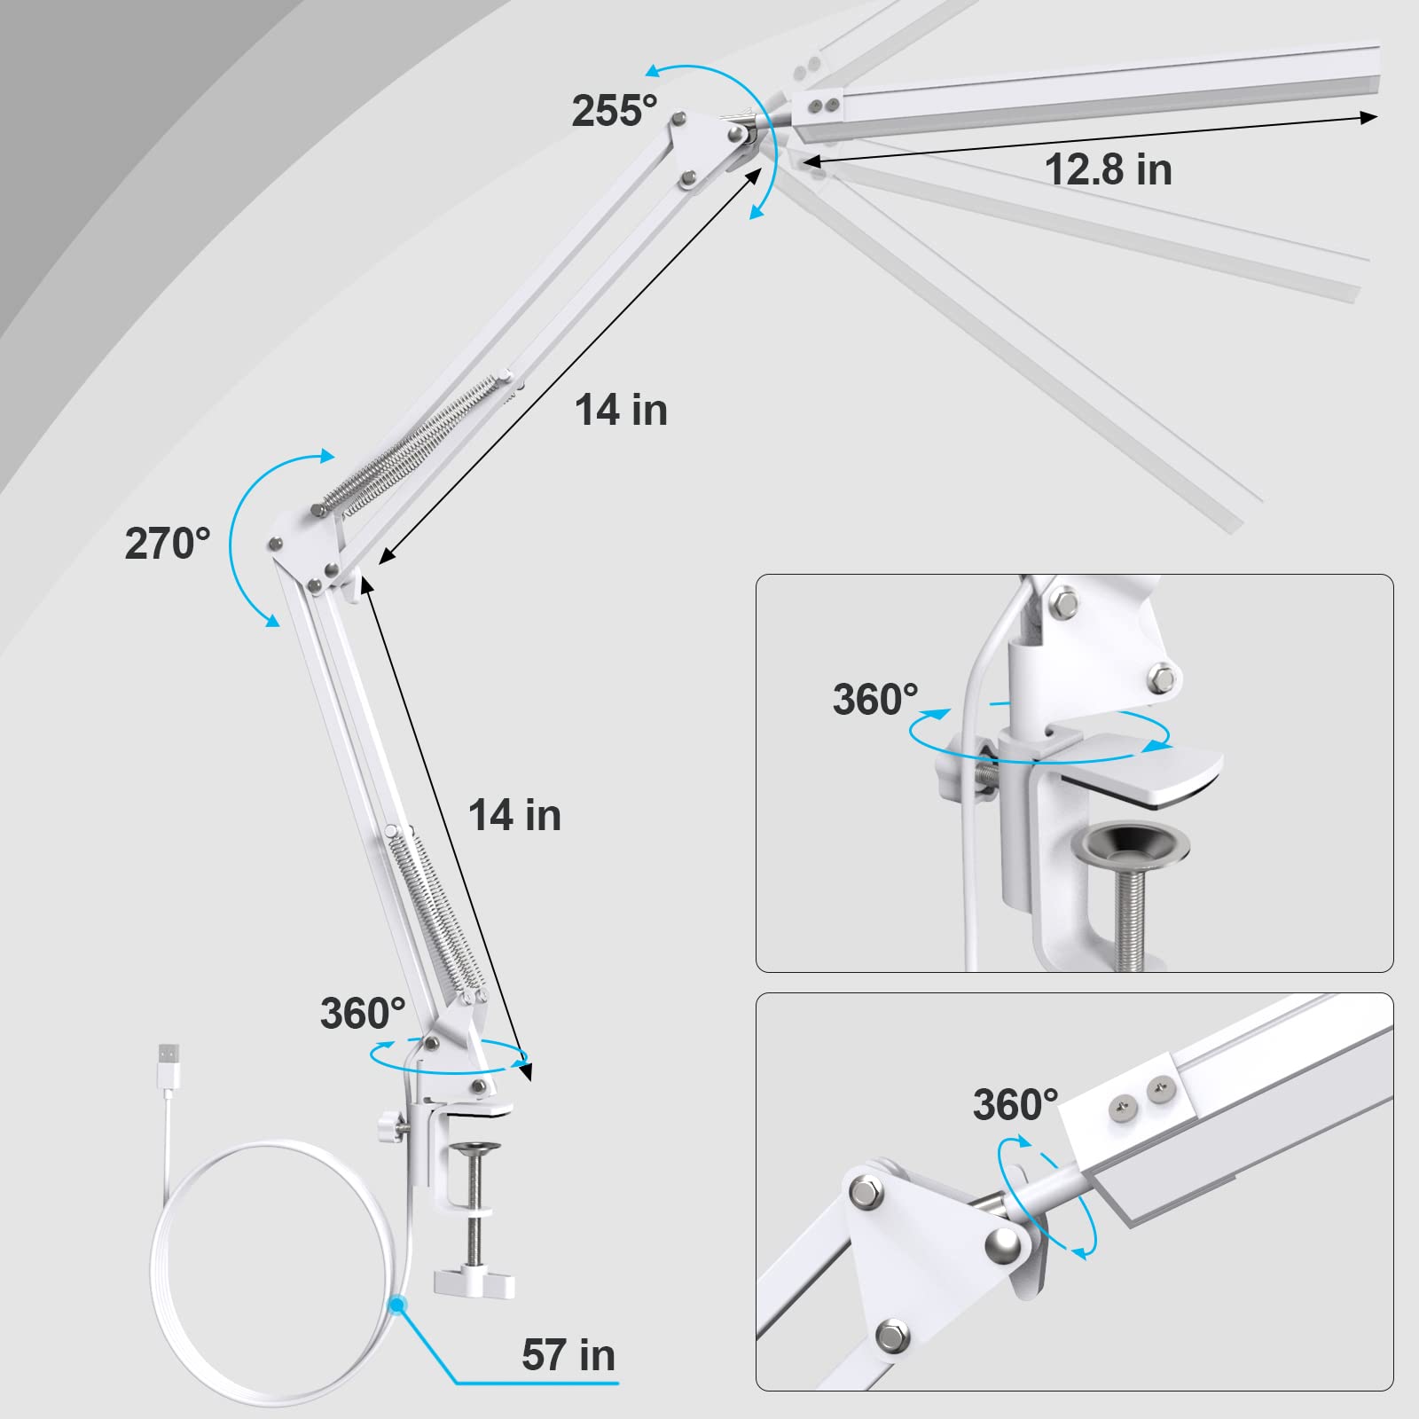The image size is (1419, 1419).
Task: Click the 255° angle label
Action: coord(614,111)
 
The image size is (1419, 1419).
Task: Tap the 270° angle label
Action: coord(168,544)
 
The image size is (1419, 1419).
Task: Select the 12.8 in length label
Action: coord(1108,169)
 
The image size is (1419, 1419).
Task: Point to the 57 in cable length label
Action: coord(568,1354)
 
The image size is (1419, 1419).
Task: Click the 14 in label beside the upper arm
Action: coord(621,410)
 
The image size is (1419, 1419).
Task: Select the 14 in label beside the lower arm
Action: coord(514,815)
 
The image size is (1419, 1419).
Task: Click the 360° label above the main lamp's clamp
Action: coord(363,1013)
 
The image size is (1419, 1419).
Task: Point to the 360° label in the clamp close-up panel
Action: coord(875,699)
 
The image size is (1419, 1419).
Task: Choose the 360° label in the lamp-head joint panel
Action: coord(1015,1104)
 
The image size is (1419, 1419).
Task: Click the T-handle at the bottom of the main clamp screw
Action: coord(474,1282)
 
